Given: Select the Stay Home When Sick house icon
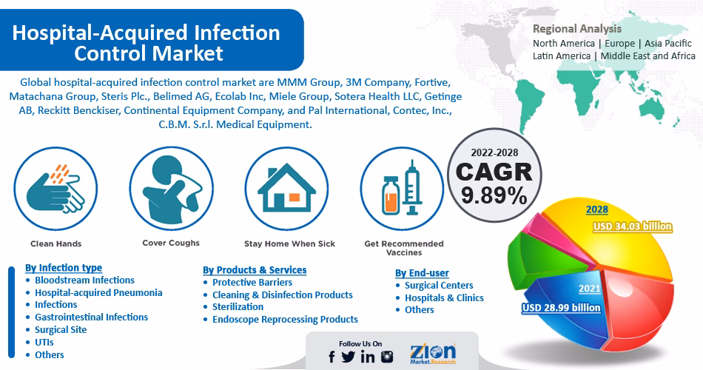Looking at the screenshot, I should (286, 189).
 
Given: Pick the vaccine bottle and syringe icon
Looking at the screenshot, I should (402, 189).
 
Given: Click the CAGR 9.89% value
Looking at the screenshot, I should (494, 196).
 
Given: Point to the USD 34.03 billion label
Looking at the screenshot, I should (632, 226).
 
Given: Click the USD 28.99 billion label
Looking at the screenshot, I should (560, 307).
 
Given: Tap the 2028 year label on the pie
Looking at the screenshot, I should (596, 209).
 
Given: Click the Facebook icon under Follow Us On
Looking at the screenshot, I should (332, 357).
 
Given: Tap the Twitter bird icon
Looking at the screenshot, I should (349, 357).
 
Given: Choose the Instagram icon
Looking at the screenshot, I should (387, 357).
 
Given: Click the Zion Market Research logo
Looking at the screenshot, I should (433, 354).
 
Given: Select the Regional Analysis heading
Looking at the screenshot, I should (577, 29).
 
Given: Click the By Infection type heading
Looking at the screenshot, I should (64, 267).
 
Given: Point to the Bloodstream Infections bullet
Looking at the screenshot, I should (84, 280).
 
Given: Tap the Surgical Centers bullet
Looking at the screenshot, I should (439, 285).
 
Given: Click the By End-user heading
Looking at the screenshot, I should (422, 273).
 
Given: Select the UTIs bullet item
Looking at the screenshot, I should (45, 342).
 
